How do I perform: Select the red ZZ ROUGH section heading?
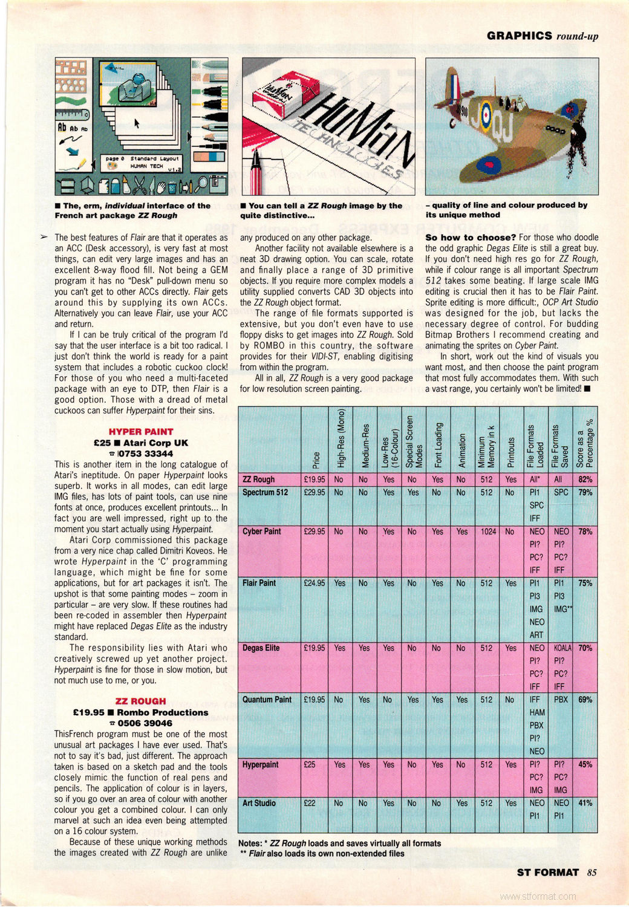[x=141, y=701]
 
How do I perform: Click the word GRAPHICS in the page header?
[x=520, y=36]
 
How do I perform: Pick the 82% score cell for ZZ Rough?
[x=585, y=480]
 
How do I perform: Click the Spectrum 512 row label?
[x=265, y=492]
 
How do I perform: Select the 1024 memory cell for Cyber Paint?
[x=488, y=532]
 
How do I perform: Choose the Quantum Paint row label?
[x=267, y=700]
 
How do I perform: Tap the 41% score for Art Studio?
[x=585, y=804]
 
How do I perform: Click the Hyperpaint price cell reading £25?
[x=310, y=765]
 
